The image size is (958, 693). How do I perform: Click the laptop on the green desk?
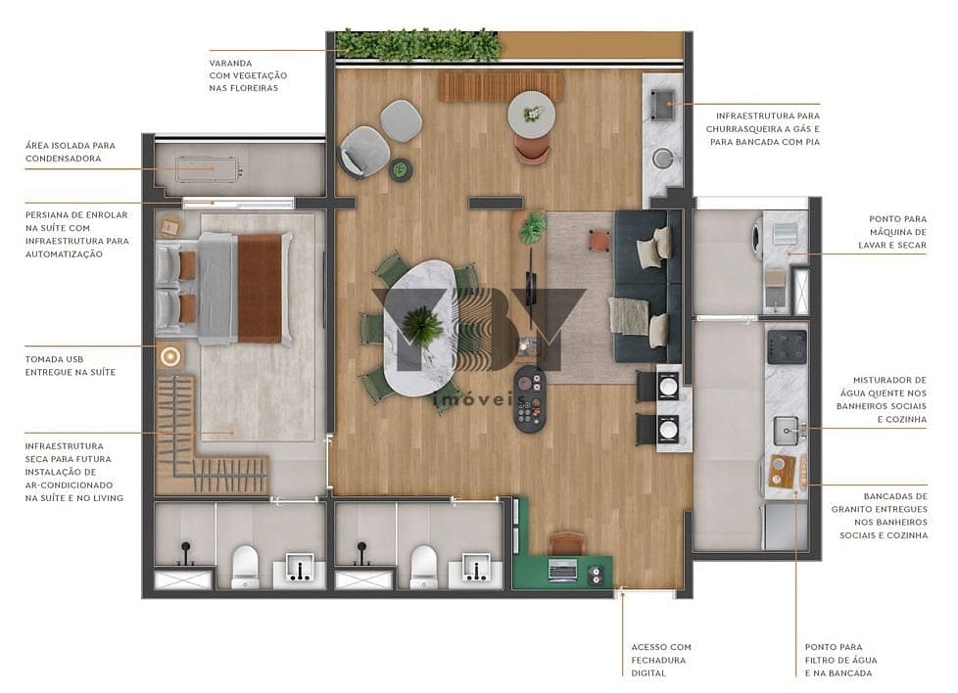click(x=564, y=569)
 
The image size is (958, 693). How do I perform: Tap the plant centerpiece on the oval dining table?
click(x=422, y=325)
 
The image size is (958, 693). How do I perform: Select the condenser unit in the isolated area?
click(x=208, y=170)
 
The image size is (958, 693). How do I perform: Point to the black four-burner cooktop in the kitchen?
click(x=787, y=344)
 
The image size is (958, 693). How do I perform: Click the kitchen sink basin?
click(x=786, y=429)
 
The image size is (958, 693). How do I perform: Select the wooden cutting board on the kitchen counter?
click(x=783, y=470)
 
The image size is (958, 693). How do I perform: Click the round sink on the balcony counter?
click(x=663, y=157)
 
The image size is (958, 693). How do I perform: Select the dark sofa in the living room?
click(x=647, y=285)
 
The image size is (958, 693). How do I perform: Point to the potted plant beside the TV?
click(x=533, y=227)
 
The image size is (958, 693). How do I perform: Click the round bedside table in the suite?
click(x=171, y=356)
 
